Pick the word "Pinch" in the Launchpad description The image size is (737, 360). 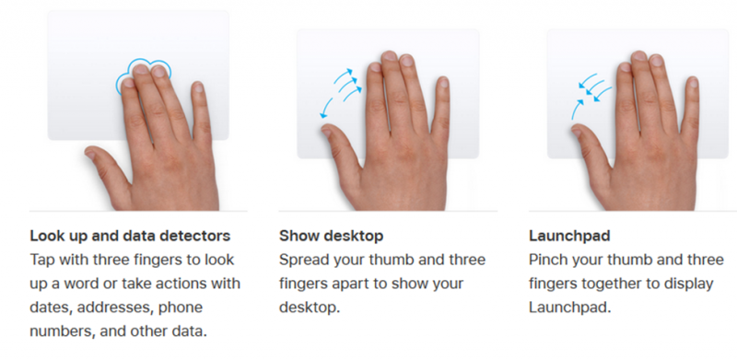coord(550,260)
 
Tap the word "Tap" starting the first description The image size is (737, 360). coord(42,260)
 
